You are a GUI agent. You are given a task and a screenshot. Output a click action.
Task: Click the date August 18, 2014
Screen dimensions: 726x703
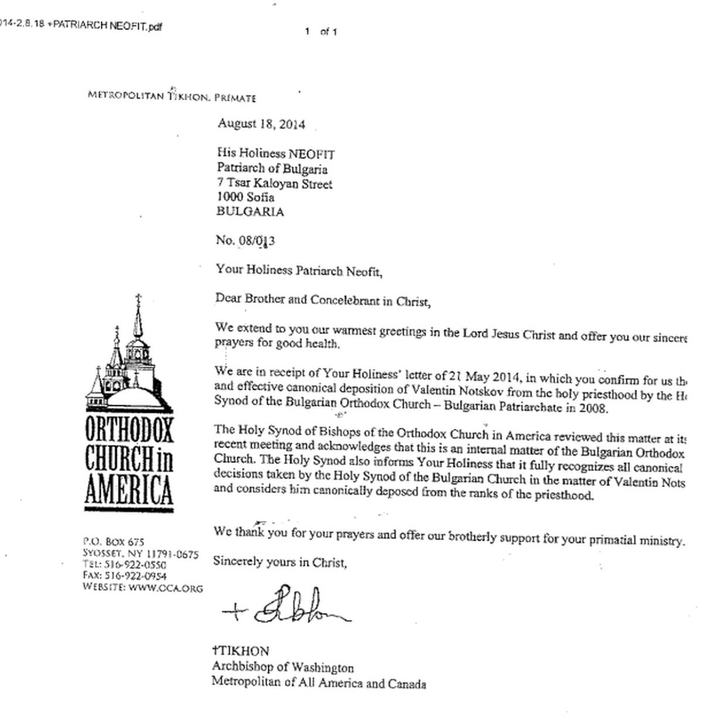261,124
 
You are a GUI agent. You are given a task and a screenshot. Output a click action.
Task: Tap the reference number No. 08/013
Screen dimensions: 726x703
245,240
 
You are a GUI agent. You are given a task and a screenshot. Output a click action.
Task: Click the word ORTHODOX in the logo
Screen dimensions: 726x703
129,430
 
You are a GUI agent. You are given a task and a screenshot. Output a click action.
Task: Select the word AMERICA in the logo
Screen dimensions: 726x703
129,490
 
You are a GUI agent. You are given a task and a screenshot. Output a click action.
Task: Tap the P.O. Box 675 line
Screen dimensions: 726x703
113,541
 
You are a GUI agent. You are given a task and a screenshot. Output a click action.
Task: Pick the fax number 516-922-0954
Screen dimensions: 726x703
135,576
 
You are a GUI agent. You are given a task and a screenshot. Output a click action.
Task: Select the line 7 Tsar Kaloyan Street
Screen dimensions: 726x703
274,183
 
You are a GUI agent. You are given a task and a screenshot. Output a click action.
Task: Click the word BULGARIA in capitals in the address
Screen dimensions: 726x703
250,212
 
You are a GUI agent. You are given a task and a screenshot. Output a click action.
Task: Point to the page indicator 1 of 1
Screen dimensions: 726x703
320,32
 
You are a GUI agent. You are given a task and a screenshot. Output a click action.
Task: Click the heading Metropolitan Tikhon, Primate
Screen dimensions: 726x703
172,96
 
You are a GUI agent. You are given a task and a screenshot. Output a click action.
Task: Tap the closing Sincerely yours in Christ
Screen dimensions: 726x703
280,561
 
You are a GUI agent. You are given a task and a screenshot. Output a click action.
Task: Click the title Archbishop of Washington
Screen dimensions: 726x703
282,667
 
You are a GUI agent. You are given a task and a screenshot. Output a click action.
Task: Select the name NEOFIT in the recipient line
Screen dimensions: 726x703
311,154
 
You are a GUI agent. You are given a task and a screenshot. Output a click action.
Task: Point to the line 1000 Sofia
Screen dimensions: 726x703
245,197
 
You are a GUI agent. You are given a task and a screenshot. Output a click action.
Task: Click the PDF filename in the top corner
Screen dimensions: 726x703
81,26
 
